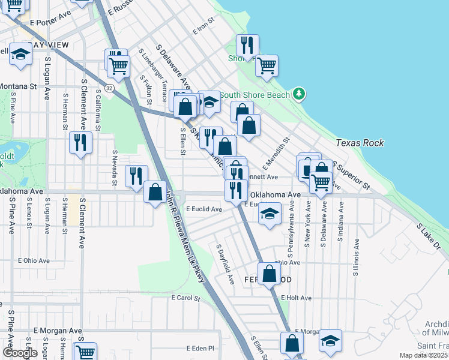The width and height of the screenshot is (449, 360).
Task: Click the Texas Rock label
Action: (x=360, y=143)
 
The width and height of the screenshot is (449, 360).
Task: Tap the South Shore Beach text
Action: (x=255, y=95)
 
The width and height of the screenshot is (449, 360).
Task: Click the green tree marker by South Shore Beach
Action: (x=299, y=94)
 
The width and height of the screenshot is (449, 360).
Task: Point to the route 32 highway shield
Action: (x=109, y=88)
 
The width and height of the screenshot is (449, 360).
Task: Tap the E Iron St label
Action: (x=203, y=28)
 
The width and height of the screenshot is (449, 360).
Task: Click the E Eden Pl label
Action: (x=200, y=348)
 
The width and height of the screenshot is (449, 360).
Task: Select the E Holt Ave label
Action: (x=296, y=298)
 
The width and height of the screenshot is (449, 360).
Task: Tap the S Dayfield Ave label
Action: (x=224, y=264)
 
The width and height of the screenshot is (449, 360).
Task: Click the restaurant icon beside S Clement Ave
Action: (x=80, y=142)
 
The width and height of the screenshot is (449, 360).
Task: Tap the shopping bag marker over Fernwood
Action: (x=270, y=274)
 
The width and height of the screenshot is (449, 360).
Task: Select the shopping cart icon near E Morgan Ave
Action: (x=86, y=352)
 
